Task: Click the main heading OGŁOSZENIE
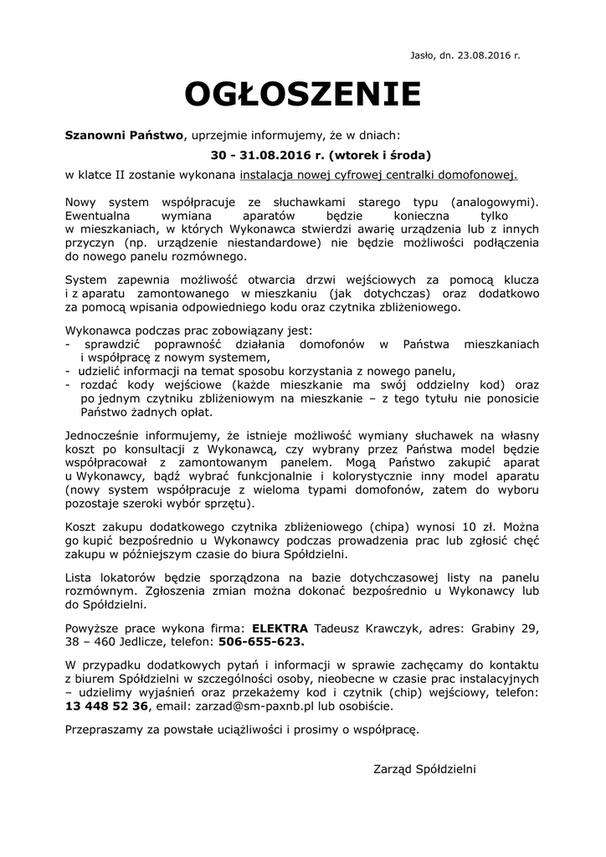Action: [x=302, y=95]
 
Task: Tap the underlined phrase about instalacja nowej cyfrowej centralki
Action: [x=379, y=176]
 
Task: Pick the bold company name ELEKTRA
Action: [x=280, y=628]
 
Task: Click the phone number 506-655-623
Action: [x=262, y=643]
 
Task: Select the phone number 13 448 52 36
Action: [x=106, y=706]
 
